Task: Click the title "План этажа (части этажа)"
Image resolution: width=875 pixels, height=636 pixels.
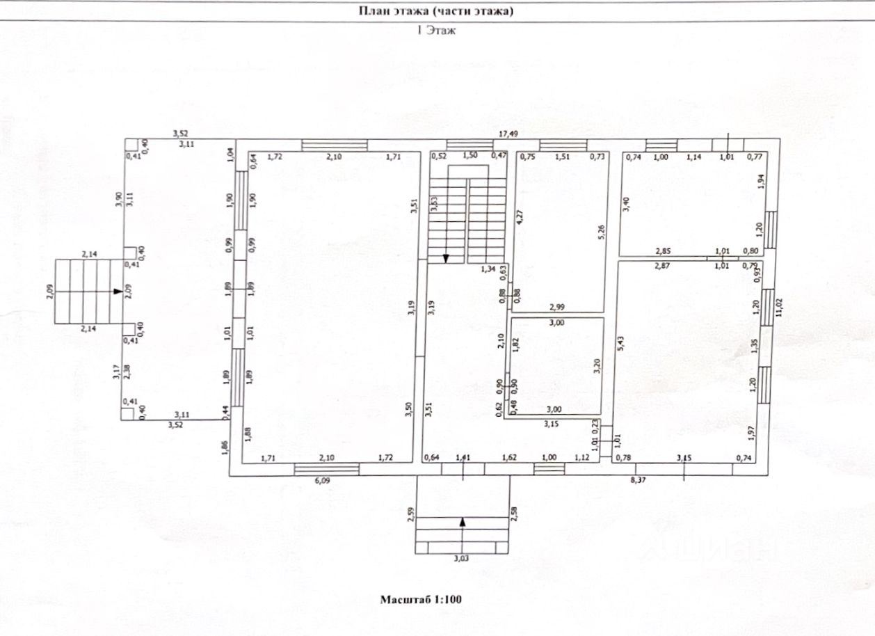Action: pyautogui.click(x=436, y=10)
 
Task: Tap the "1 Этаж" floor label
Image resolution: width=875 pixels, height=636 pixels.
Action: pyautogui.click(x=436, y=31)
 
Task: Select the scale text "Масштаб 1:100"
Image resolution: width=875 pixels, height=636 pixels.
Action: pyautogui.click(x=422, y=598)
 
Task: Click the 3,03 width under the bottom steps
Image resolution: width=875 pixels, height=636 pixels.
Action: pyautogui.click(x=462, y=557)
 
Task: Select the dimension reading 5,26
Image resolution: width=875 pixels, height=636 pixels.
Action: pyautogui.click(x=600, y=231)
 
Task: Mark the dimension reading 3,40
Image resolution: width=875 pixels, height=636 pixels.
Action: pyautogui.click(x=626, y=203)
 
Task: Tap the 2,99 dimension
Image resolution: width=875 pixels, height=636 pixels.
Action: pyautogui.click(x=557, y=307)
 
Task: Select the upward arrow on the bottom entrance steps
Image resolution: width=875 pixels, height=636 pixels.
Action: pyautogui.click(x=463, y=520)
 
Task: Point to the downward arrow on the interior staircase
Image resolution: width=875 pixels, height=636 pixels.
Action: pyautogui.click(x=446, y=259)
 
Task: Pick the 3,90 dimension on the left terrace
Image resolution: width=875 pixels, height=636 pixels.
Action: pyautogui.click(x=119, y=200)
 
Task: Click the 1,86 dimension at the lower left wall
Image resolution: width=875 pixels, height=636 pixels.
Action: pyautogui.click(x=225, y=448)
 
